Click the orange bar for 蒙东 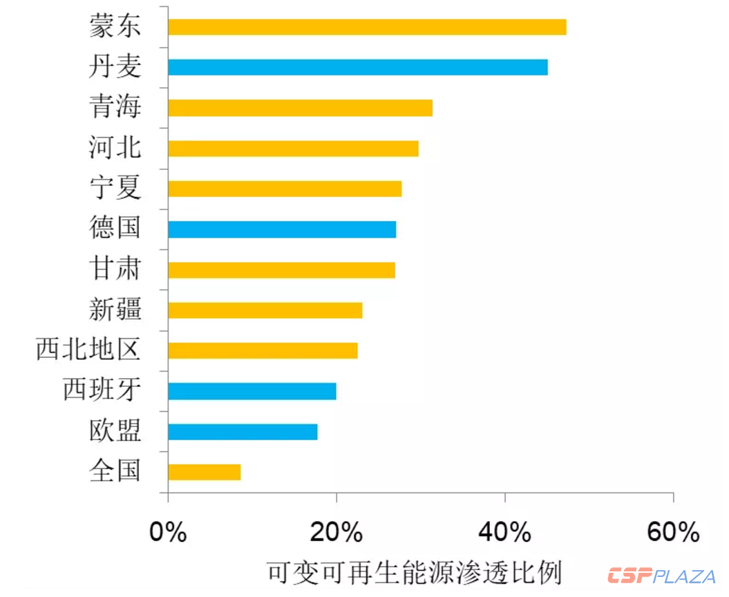click(x=367, y=27)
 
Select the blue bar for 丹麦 click(x=358, y=67)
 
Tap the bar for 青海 click(x=300, y=108)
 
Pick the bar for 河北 click(x=293, y=149)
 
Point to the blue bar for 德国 click(x=282, y=229)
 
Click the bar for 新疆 click(x=265, y=310)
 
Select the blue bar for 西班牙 click(x=252, y=391)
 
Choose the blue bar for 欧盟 click(x=243, y=432)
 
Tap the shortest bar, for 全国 click(x=205, y=472)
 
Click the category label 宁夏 click(x=115, y=187)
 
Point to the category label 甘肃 click(x=115, y=268)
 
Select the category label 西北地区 click(x=88, y=350)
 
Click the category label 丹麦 click(x=115, y=66)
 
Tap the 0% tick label click(x=168, y=533)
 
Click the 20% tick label click(x=336, y=533)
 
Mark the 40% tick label click(x=504, y=533)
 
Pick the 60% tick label click(x=673, y=533)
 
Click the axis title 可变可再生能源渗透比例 click(x=414, y=573)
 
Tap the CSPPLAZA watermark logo click(x=661, y=576)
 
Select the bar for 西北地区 click(x=263, y=350)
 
